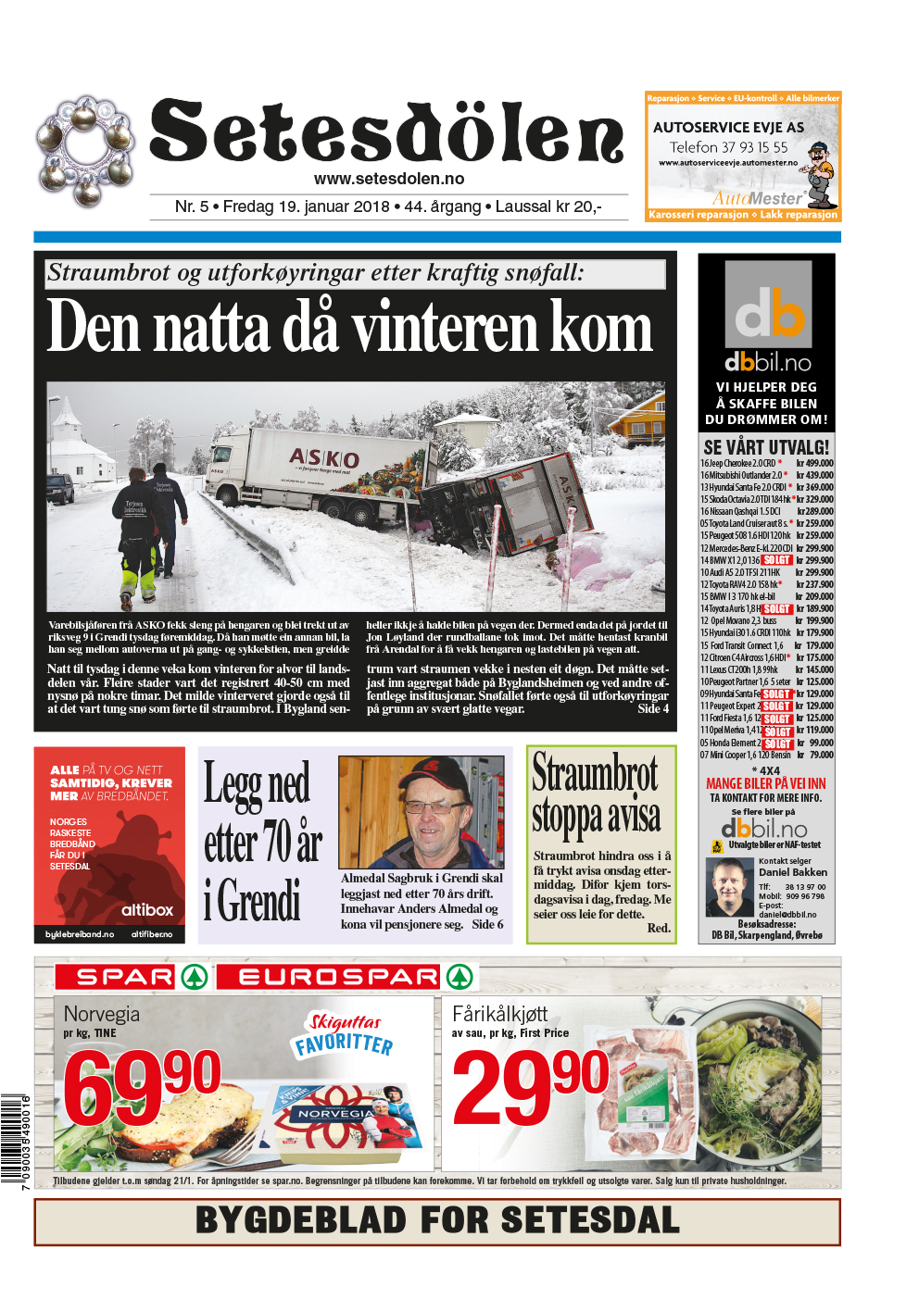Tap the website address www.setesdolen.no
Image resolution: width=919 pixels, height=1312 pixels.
pyautogui.click(x=389, y=179)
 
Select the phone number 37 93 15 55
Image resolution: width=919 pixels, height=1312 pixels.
pyautogui.click(x=753, y=147)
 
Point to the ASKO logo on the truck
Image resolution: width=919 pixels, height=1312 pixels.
pyautogui.click(x=323, y=457)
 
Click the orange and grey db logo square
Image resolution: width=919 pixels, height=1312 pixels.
pyautogui.click(x=767, y=305)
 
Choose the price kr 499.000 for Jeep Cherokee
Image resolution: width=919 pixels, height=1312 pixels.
pyautogui.click(x=814, y=463)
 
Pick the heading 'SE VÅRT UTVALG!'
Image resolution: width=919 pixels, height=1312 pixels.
pyautogui.click(x=766, y=447)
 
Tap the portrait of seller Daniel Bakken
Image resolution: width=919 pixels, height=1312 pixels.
pyautogui.click(x=730, y=886)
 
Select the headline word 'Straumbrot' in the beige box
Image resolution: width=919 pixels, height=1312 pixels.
pyautogui.click(x=595, y=774)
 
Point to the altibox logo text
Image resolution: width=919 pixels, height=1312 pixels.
pyautogui.click(x=146, y=909)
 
